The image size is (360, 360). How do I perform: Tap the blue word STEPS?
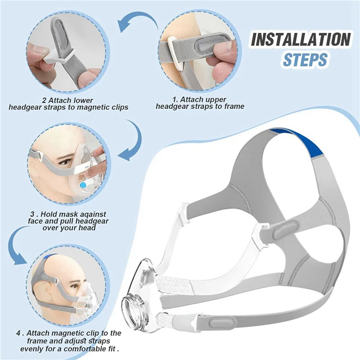(x=304, y=59)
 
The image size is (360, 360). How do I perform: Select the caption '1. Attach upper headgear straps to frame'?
(x=200, y=103)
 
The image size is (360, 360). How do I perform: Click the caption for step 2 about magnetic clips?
(x=68, y=103)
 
